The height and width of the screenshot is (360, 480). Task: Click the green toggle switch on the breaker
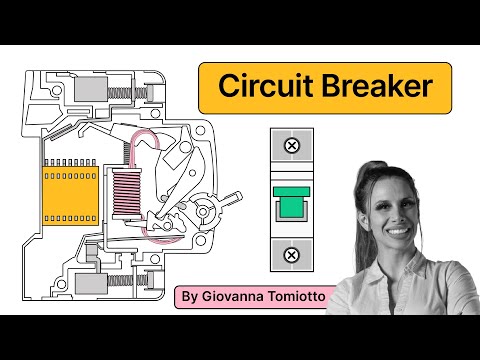[291, 202]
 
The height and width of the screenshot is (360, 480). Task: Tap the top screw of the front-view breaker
[291, 147]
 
